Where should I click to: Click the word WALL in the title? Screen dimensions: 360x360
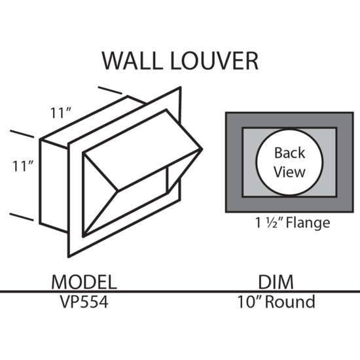(x=132, y=61)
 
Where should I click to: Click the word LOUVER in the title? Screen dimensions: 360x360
(x=215, y=61)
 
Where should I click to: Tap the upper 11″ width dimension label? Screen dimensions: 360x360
(x=60, y=113)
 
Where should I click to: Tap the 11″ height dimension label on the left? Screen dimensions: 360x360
(x=23, y=166)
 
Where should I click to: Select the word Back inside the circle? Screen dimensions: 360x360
(x=290, y=153)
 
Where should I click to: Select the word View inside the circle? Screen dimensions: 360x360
(x=290, y=171)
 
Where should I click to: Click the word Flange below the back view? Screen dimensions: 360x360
(x=308, y=223)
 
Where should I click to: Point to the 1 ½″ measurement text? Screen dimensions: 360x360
(x=269, y=223)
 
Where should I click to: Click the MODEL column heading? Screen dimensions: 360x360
(x=84, y=282)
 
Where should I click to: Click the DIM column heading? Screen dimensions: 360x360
(x=276, y=282)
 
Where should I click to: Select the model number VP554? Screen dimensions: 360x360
(x=84, y=302)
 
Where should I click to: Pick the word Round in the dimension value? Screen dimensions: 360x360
(x=290, y=302)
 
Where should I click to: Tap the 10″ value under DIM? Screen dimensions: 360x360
(x=250, y=302)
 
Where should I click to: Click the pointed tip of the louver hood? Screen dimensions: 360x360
(x=202, y=149)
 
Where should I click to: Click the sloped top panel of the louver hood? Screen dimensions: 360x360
(x=142, y=151)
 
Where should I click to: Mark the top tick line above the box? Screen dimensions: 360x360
(x=110, y=90)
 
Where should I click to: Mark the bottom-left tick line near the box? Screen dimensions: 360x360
(x=22, y=217)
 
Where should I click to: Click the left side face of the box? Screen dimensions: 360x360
(x=54, y=186)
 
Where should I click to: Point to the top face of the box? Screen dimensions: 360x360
(x=94, y=122)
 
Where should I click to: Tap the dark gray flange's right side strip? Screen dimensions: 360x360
(x=345, y=162)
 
